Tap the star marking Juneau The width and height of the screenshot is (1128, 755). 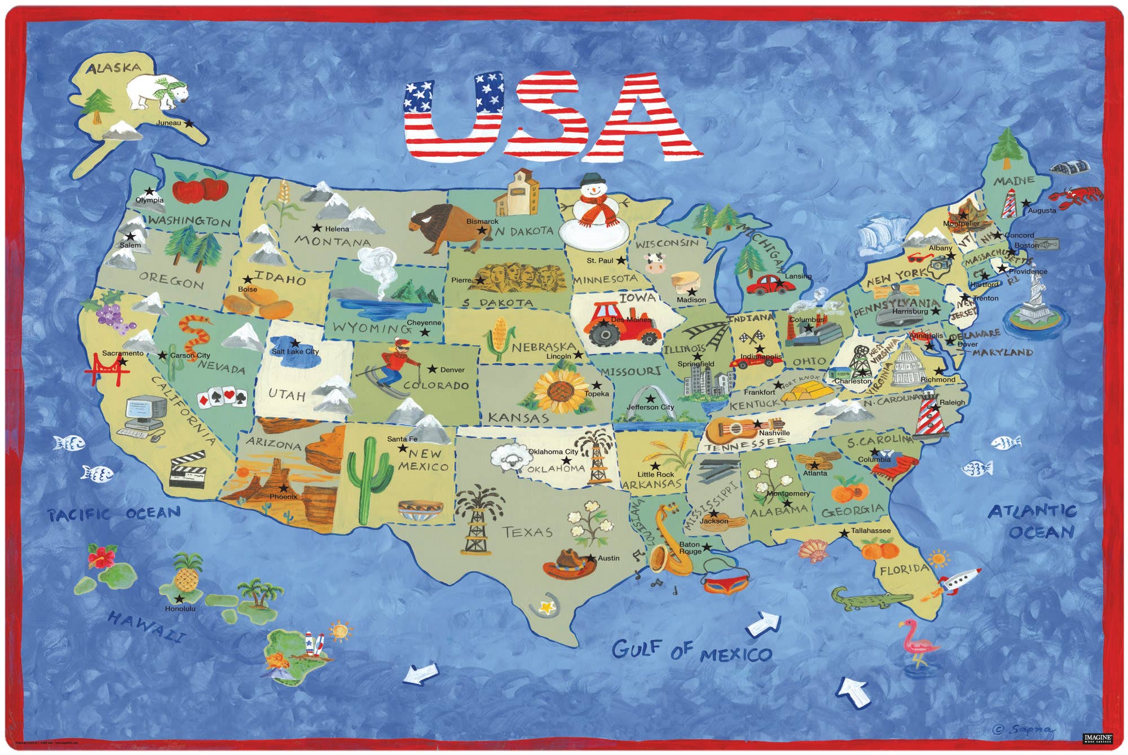pos(190,123)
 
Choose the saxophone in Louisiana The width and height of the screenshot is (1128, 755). pos(666,541)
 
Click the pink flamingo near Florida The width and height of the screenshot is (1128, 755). pos(918,643)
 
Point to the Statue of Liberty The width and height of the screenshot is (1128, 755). pos(1035,299)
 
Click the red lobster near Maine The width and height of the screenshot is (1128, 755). pos(1074,196)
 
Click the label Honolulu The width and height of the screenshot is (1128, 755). pos(180,609)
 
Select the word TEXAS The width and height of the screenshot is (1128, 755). pos(527,532)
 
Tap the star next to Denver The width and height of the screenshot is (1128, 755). pos(432,369)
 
